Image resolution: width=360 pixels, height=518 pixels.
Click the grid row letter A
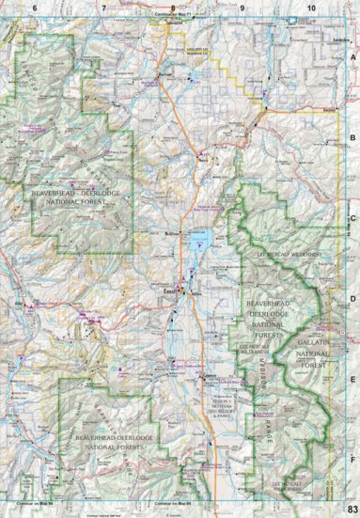(x=352, y=56)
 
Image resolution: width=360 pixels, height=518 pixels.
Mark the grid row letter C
(x=352, y=218)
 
